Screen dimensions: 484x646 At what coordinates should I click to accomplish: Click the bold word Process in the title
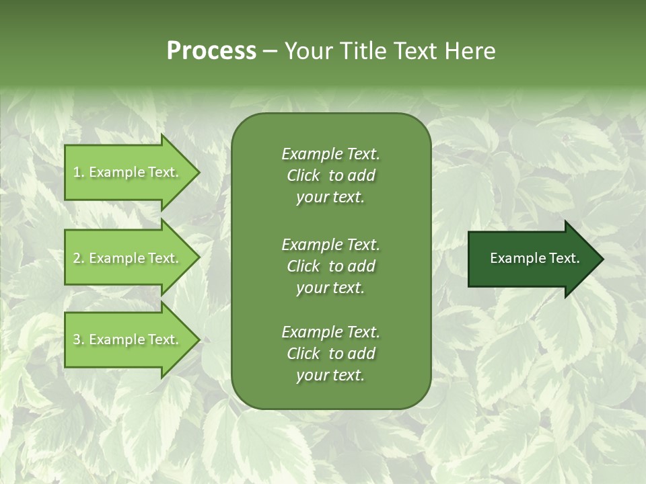click(x=211, y=51)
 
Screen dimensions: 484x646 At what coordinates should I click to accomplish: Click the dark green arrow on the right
click(x=532, y=259)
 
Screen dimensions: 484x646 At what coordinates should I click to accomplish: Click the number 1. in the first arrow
click(x=79, y=172)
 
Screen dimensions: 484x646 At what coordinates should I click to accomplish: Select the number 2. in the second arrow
click(x=79, y=258)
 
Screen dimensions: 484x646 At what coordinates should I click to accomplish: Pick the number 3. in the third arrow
click(x=79, y=339)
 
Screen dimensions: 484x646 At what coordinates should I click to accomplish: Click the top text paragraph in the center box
click(x=330, y=175)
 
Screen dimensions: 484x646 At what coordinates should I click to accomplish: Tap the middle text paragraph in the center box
click(x=330, y=266)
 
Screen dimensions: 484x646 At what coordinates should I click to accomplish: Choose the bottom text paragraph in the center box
click(x=330, y=354)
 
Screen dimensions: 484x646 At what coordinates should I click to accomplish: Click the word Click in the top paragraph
click(x=303, y=175)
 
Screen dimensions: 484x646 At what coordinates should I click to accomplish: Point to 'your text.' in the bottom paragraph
click(x=330, y=375)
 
